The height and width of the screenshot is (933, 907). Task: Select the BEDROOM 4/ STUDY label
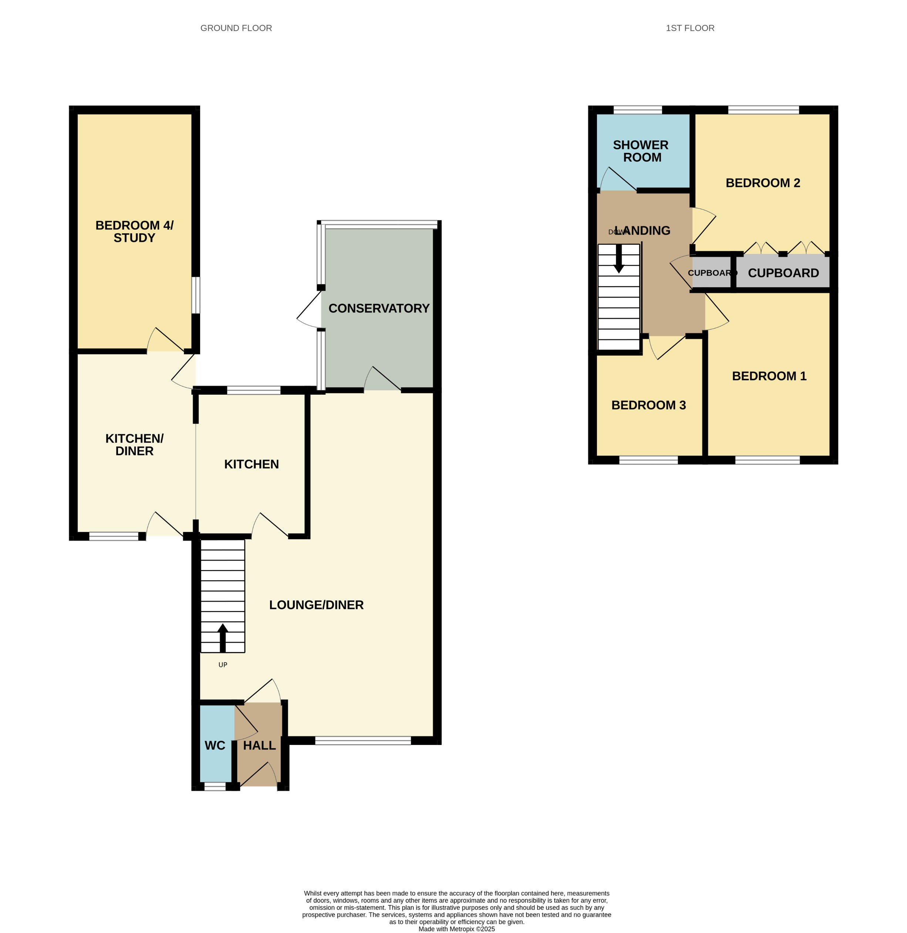pos(134,231)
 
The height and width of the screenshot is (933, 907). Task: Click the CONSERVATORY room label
pos(379,308)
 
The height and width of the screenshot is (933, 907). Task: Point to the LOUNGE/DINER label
pos(316,605)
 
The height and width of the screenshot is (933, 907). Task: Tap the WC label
pos(215,745)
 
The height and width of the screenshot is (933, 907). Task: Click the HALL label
pos(259,745)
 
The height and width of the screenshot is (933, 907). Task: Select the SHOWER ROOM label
pos(641,151)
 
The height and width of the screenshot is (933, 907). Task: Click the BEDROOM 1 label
pos(769,376)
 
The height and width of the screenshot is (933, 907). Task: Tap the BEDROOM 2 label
pos(762,183)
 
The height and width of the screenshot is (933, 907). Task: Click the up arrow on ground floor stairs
pos(222,637)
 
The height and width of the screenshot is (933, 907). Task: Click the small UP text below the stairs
pos(222,665)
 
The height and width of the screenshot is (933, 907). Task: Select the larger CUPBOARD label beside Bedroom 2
pos(783,273)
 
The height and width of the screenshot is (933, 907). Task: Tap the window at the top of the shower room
pos(637,110)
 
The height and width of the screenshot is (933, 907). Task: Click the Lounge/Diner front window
pos(363,740)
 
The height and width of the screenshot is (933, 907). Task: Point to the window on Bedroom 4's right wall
pos(196,295)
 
